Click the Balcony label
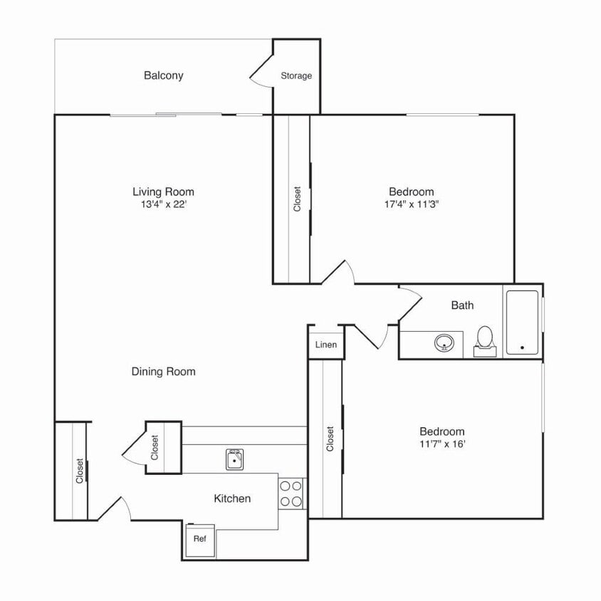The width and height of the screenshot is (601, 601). click(163, 75)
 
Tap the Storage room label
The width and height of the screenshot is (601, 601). click(296, 76)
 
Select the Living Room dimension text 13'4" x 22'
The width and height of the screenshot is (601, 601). click(163, 204)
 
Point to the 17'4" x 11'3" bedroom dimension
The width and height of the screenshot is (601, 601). click(411, 204)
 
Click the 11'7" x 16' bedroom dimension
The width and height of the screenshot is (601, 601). click(441, 444)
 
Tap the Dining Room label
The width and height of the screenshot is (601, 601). click(163, 372)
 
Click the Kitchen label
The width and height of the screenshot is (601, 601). click(232, 498)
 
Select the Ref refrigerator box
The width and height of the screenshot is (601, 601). click(199, 539)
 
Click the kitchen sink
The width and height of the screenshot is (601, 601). click(234, 460)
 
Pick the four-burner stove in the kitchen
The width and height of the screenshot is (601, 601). click(290, 493)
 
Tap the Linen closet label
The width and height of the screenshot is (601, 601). click(325, 345)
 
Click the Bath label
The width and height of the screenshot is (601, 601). click(462, 305)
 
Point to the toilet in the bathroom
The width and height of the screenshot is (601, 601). click(485, 339)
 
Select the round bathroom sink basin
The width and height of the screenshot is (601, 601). click(445, 344)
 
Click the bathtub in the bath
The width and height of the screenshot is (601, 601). click(522, 323)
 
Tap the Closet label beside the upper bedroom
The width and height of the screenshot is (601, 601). click(298, 199)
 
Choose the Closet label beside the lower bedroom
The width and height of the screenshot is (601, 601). click(330, 439)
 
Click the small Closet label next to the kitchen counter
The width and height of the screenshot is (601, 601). click(155, 447)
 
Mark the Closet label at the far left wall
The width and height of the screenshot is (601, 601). click(80, 471)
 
